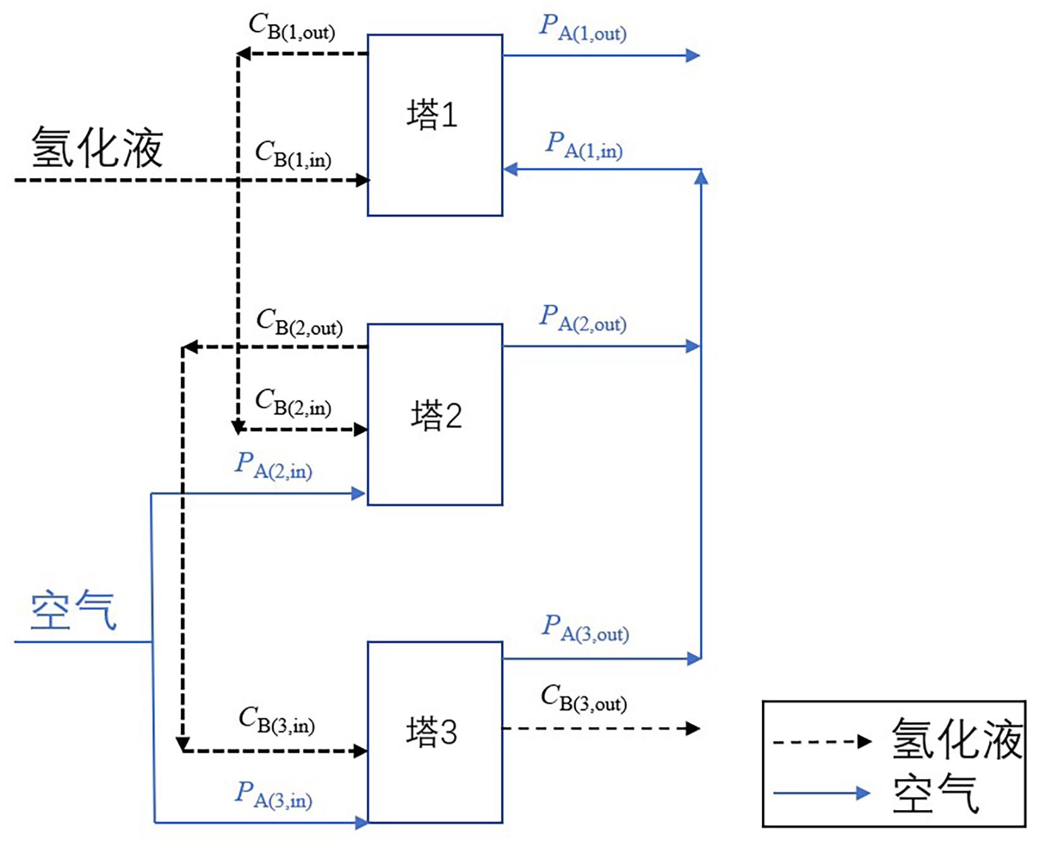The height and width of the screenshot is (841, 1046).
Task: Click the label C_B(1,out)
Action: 292,27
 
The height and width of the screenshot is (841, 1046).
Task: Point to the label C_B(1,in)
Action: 293,154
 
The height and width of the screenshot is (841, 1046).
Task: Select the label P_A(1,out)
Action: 582,28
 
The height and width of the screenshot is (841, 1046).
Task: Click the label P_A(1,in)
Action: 584,145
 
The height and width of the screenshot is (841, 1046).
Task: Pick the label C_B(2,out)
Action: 299,322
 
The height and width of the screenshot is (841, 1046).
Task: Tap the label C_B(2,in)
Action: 293,402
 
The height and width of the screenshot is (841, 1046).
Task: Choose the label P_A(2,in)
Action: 273,465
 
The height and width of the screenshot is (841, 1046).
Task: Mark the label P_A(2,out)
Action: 582,319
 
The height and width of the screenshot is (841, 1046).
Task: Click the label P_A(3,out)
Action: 586,629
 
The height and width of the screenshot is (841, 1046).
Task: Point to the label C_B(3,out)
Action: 584,698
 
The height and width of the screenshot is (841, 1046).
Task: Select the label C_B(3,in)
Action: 276,720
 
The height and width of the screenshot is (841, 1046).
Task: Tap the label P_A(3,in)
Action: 273,795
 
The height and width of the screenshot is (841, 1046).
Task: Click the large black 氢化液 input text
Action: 97,147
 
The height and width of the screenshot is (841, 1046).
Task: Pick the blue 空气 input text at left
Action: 73,610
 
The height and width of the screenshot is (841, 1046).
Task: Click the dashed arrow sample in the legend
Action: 823,742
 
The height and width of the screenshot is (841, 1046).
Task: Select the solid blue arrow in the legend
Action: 822,793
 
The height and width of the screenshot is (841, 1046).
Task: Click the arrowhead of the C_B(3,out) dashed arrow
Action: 693,728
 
